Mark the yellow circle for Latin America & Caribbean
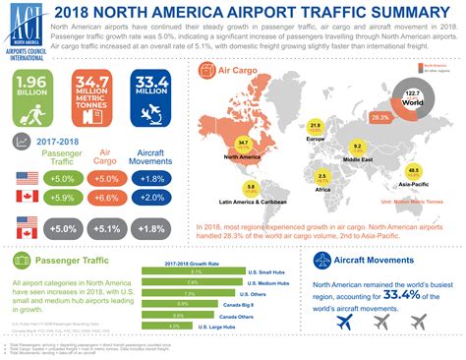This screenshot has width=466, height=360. point(252,186)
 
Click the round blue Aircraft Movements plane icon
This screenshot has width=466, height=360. point(322,261)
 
